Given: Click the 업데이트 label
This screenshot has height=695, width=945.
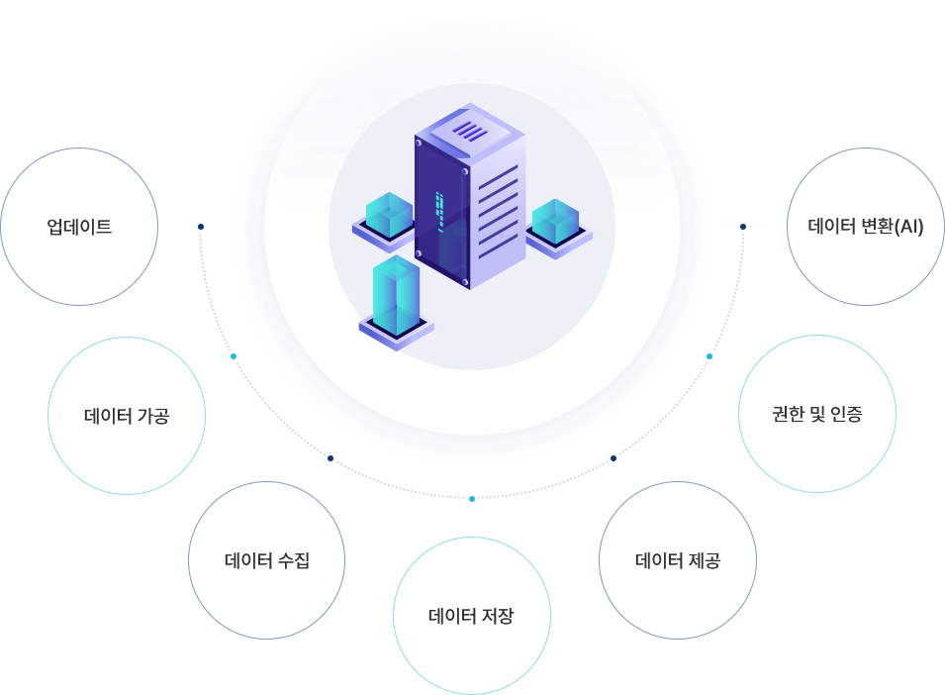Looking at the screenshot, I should [79, 227].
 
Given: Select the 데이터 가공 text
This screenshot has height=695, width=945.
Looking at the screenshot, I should [126, 416].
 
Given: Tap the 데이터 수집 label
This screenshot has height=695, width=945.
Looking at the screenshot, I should [266, 561].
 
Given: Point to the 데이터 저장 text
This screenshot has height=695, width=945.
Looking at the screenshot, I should [471, 617].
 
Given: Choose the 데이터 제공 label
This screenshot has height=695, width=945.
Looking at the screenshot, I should [677, 561].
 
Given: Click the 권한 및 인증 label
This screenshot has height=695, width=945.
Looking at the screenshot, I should [816, 414].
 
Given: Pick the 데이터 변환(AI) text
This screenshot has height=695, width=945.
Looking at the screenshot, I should [865, 227].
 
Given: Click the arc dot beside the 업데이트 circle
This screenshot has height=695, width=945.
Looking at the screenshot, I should [201, 227].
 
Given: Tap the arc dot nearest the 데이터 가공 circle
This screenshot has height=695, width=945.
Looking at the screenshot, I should [234, 355].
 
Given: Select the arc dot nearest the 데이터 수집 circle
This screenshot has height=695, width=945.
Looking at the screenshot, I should [331, 458].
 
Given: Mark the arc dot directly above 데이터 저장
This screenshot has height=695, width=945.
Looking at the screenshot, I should [472, 498].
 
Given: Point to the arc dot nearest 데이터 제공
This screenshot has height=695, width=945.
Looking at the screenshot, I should [614, 458].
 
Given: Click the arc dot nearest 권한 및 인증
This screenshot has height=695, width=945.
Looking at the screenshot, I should [709, 355].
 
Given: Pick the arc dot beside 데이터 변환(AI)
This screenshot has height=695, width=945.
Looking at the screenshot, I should [743, 227].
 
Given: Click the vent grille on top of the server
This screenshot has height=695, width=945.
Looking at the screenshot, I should [470, 130].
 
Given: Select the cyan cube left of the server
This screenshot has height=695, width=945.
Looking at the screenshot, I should [388, 215].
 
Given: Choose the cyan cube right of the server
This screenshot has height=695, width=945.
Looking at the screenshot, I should [555, 221].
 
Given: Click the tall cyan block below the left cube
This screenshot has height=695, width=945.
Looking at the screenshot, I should [397, 294].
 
